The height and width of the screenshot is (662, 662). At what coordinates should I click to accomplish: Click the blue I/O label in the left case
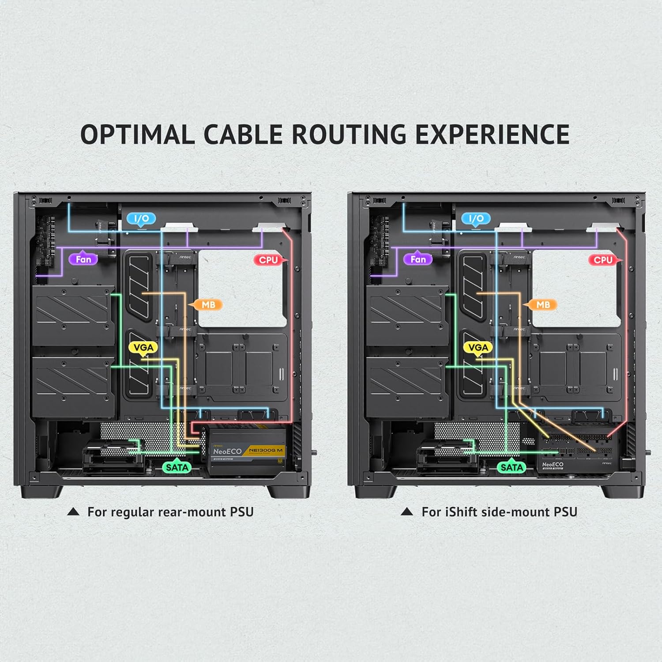141,218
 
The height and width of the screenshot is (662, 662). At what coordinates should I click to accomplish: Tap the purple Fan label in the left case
83,259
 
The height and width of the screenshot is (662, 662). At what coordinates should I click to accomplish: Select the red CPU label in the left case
268,260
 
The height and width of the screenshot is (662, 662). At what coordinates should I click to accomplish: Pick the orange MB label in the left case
208,305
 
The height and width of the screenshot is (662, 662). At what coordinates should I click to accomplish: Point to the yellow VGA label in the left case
143,348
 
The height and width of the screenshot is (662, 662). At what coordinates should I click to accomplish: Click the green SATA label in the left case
177,467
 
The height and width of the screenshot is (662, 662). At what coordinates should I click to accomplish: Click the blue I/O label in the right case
476,218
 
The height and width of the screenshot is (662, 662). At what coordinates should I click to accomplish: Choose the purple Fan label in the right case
418,259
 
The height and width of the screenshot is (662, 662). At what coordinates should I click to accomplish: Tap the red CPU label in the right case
603,260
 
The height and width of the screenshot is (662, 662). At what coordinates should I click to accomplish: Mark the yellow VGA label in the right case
478,348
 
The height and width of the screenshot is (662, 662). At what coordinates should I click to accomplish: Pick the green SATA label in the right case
512,467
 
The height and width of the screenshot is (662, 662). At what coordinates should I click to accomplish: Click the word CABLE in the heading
243,134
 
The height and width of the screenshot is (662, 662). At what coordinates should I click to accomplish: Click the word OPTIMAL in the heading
137,134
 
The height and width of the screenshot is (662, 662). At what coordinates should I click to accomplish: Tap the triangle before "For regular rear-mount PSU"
73,512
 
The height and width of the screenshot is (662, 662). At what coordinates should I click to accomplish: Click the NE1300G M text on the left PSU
266,450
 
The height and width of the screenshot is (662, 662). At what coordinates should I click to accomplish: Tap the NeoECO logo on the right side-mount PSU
553,465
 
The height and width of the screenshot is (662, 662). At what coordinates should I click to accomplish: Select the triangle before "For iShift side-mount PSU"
407,512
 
